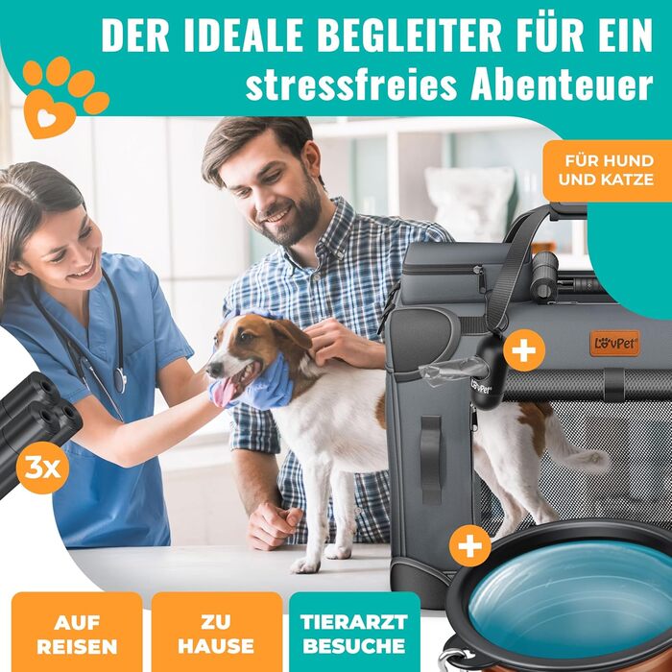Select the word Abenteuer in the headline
click(562, 84)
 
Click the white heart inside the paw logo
click(47, 117)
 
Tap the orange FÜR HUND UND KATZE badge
click(607, 171)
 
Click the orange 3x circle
click(42, 468)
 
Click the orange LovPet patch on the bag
click(614, 343)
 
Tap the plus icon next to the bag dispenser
click(524, 350)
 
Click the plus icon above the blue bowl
click(470, 546)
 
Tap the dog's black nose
click(213, 369)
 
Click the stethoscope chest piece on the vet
click(121, 380)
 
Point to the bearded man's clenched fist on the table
click(272, 524)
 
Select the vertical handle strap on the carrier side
click(431, 460)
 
